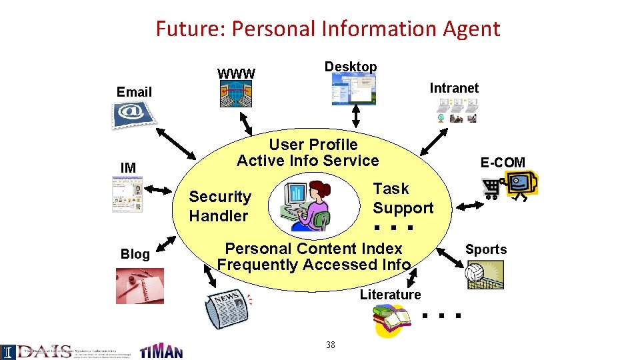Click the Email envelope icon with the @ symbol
tap(132, 115)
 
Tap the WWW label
tap(236, 73)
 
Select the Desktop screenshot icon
tap(354, 89)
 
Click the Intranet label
tap(454, 88)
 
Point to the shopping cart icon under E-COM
tap(493, 189)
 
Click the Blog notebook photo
tap(139, 285)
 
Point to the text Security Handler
tap(219, 206)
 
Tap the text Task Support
tap(403, 198)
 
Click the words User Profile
tap(313, 145)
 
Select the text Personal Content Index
tap(313, 249)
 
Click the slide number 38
tap(330, 345)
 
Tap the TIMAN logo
tap(161, 350)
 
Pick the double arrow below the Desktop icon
tap(356, 116)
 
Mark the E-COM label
tap(503, 162)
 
